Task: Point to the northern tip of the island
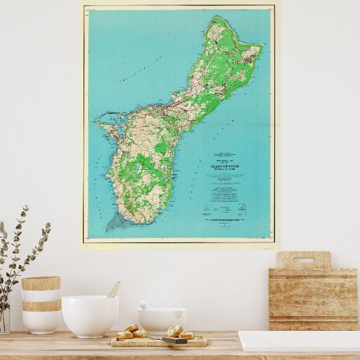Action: [217, 18]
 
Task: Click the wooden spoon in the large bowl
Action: [113, 290]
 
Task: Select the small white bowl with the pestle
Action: [162, 319]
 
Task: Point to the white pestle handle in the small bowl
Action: [145, 305]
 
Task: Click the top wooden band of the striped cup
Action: [41, 283]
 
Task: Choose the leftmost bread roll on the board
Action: [124, 335]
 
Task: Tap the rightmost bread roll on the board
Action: [187, 335]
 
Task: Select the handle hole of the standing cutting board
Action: [304, 260]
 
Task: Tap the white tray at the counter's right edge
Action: [299, 340]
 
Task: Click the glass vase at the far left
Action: [4, 319]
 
